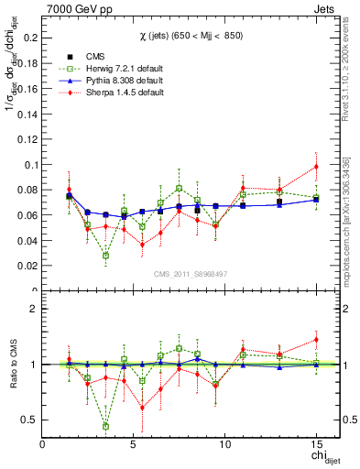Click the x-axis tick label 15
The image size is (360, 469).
(316, 445)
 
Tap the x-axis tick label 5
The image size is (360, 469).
(134, 445)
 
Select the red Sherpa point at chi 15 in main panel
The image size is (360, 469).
(316, 167)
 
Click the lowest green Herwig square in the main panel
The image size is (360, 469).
(106, 256)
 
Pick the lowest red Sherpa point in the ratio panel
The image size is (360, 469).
(142, 408)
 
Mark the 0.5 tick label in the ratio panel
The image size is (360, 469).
(29, 420)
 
